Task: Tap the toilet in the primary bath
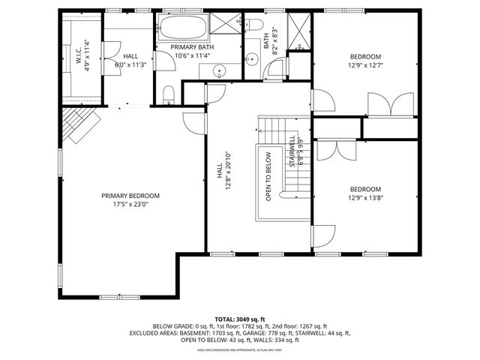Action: point(169,94)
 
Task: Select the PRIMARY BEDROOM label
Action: point(130,196)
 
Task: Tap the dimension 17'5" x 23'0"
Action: point(130,204)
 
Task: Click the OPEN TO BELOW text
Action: point(268,177)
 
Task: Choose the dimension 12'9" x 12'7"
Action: point(365,65)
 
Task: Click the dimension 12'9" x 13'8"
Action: point(365,198)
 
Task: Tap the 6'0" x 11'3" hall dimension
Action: point(130,65)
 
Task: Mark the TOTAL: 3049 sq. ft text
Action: point(239,319)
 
